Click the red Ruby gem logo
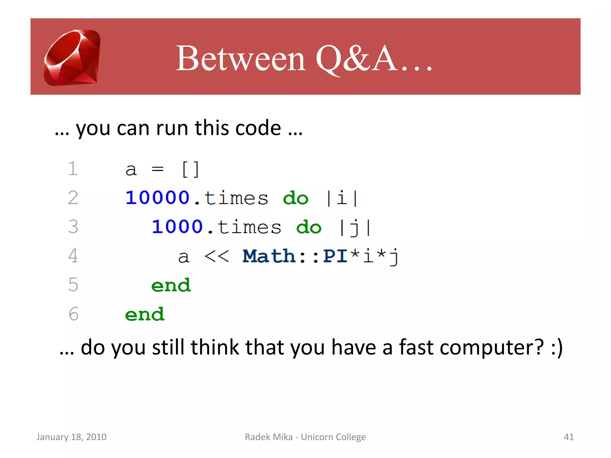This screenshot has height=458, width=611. click(72, 58)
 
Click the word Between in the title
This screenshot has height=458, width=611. click(240, 58)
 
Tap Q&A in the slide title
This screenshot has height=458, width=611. click(357, 58)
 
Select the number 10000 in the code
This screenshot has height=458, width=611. click(158, 198)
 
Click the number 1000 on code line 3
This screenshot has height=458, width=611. click(177, 227)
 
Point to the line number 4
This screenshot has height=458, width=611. click(73, 256)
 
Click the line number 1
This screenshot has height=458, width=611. click(73, 169)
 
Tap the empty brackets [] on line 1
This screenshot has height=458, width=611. click(190, 169)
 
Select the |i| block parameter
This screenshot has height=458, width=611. click(342, 198)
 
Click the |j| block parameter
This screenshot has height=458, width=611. click(355, 227)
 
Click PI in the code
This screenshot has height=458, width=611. click(335, 256)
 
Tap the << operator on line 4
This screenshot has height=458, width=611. click(217, 256)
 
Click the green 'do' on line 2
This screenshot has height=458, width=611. click(295, 198)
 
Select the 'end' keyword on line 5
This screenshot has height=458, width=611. click(171, 285)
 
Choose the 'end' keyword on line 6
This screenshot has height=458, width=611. click(145, 314)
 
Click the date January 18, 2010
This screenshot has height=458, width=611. click(71, 437)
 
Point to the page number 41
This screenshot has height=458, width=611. click(569, 437)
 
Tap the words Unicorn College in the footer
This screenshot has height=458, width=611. click(333, 437)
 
